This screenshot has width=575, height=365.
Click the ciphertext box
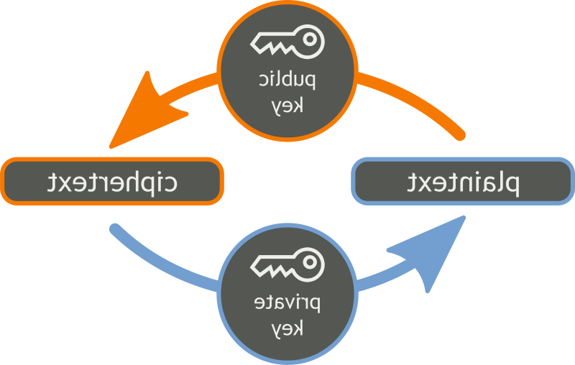pyautogui.click(x=112, y=180)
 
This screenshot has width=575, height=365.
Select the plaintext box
pyautogui.click(x=463, y=182)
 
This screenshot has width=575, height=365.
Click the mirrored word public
pyautogui.click(x=287, y=80)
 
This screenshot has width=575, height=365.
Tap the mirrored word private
pyautogui.click(x=287, y=302)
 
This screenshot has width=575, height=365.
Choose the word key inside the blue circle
pyautogui.click(x=288, y=328)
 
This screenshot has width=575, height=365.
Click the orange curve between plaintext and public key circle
pyautogui.click(x=417, y=101)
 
